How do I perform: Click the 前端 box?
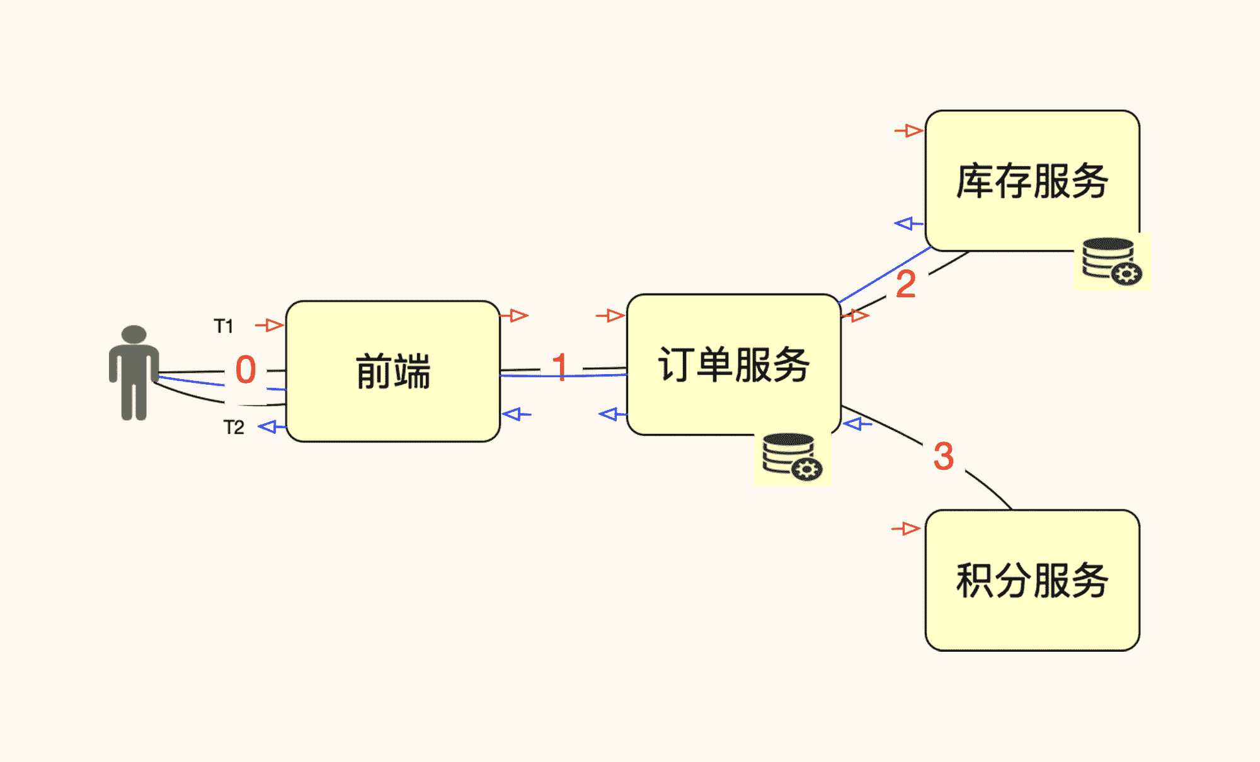click(x=392, y=371)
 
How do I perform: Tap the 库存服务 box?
click(x=1032, y=181)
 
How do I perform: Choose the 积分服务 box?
click(x=1032, y=580)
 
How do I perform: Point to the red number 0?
click(x=246, y=370)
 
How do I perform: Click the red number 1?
click(x=559, y=367)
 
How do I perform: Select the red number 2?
click(x=905, y=284)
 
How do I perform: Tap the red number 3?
click(x=943, y=456)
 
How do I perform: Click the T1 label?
click(x=224, y=326)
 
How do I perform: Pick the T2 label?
click(x=234, y=428)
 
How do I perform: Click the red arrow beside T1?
click(x=270, y=325)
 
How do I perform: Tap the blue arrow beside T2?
click(x=272, y=427)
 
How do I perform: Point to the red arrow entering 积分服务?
click(x=906, y=528)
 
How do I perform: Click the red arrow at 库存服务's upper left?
click(x=909, y=131)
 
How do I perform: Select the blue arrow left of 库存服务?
click(x=908, y=224)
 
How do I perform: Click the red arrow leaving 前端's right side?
click(x=515, y=315)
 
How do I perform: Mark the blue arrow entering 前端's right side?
click(x=517, y=414)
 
